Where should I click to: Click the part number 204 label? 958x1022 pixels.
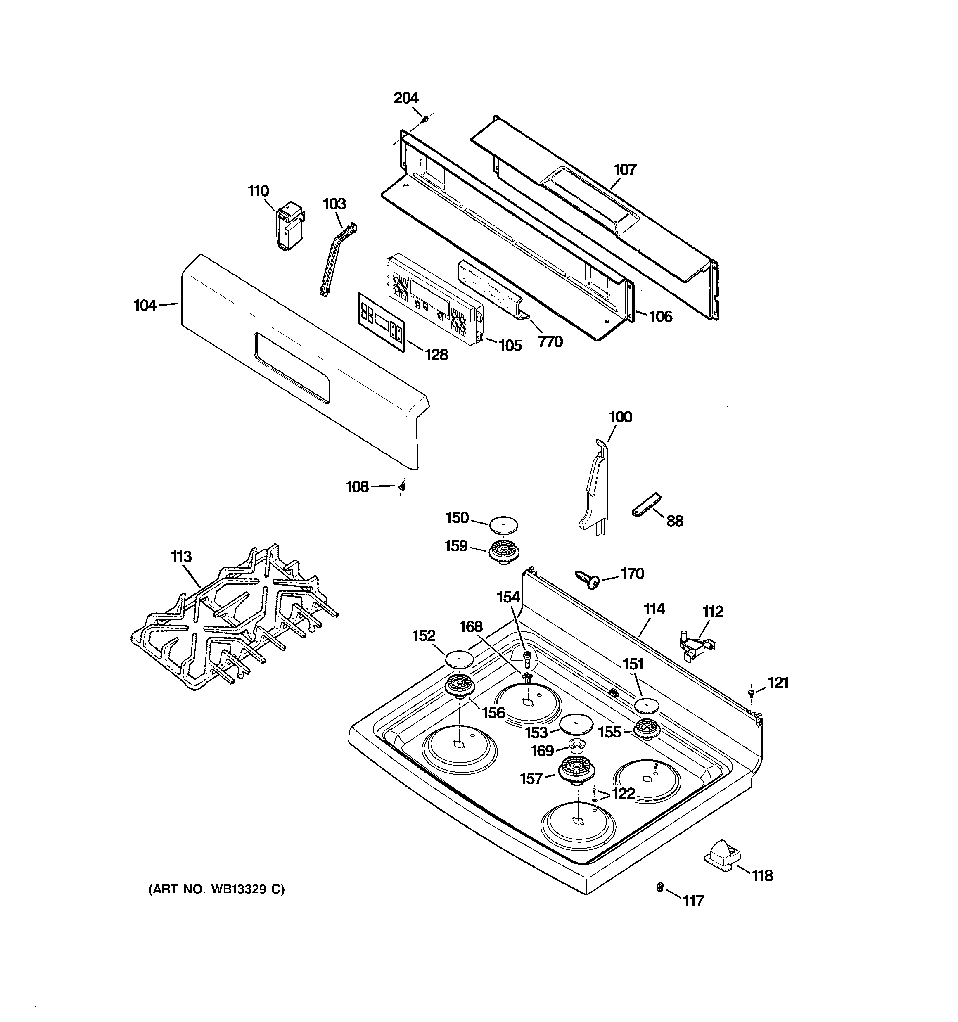tap(406, 98)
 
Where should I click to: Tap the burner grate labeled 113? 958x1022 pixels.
tap(234, 617)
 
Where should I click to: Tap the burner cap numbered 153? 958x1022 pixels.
tap(576, 724)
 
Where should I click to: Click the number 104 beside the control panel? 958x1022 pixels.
tap(145, 306)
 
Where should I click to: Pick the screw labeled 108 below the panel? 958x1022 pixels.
tap(403, 486)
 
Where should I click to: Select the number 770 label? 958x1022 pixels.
tap(550, 341)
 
